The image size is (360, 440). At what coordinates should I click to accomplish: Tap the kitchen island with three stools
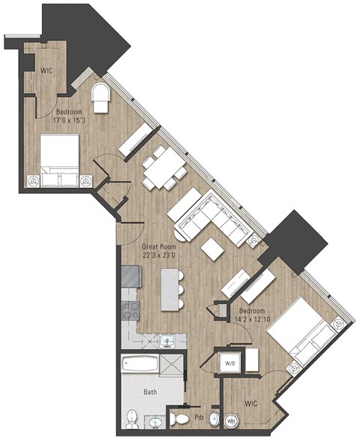(x=171, y=290)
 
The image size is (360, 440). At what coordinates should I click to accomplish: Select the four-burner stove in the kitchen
(x=130, y=311)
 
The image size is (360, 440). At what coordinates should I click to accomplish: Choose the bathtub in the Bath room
(x=142, y=369)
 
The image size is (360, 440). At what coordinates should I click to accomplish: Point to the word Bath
(x=149, y=393)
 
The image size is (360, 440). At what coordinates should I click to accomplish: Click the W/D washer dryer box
(x=228, y=363)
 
